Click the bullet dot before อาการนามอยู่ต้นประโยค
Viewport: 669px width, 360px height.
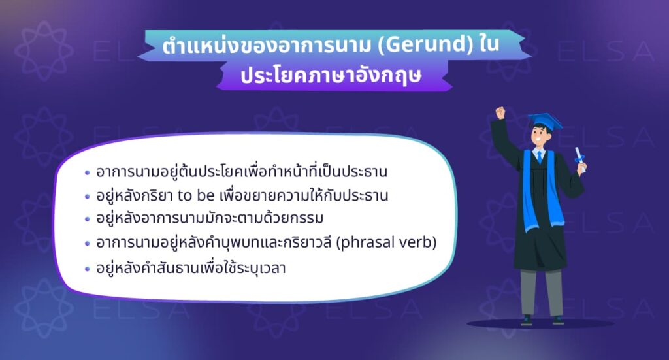(x=88, y=173)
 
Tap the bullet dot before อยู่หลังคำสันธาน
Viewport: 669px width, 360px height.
(x=88, y=267)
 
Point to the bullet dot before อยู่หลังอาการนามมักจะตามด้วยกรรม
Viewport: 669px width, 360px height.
(x=88, y=220)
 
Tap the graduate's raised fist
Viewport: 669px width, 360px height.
(x=500, y=112)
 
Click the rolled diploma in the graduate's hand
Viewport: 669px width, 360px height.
(x=578, y=157)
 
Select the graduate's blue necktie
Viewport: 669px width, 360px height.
(x=540, y=157)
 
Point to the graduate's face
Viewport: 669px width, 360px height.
(x=541, y=139)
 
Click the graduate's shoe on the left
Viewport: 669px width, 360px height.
(x=527, y=320)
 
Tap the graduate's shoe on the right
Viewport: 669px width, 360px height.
(x=557, y=320)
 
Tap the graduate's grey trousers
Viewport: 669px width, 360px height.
(x=542, y=291)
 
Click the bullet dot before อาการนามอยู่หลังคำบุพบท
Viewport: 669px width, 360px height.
(x=88, y=243)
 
